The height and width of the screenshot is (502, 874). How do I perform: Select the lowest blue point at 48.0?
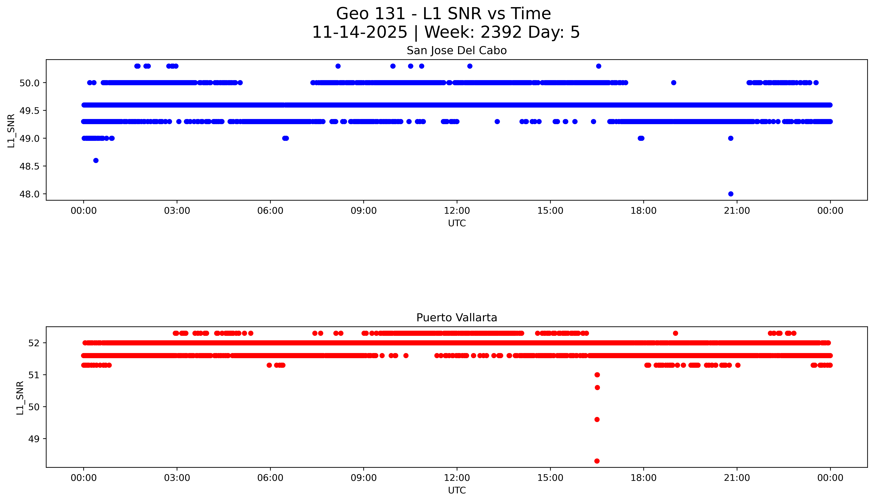(731, 194)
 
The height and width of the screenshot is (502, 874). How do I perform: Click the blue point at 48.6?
(96, 160)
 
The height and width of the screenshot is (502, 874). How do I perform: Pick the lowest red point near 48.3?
(597, 461)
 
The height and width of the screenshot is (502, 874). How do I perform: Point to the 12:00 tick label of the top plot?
(457, 211)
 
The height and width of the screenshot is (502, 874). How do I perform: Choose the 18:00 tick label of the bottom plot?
(643, 478)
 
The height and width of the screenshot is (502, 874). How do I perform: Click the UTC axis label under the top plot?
(457, 223)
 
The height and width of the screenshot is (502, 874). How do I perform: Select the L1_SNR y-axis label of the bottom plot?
(20, 398)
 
